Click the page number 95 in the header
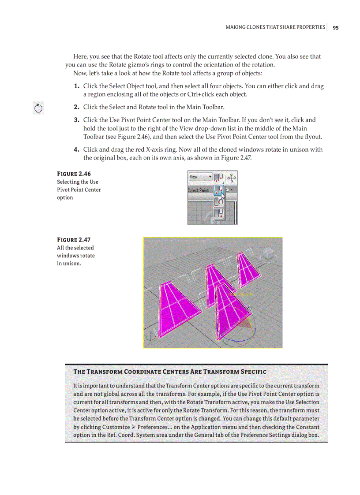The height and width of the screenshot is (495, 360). coord(336,27)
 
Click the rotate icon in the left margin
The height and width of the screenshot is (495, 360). coord(38,108)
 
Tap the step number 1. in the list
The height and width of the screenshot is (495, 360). coord(77,86)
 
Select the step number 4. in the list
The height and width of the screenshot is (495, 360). coord(77,150)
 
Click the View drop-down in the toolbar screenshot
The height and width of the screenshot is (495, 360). coord(200,177)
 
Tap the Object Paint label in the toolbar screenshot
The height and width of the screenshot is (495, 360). coord(199,190)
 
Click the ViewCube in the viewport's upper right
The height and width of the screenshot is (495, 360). coord(267,254)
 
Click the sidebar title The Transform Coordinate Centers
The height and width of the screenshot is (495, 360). coord(169,372)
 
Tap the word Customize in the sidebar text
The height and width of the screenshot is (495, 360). coord(116,427)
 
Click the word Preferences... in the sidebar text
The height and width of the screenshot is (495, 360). coord(154,427)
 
